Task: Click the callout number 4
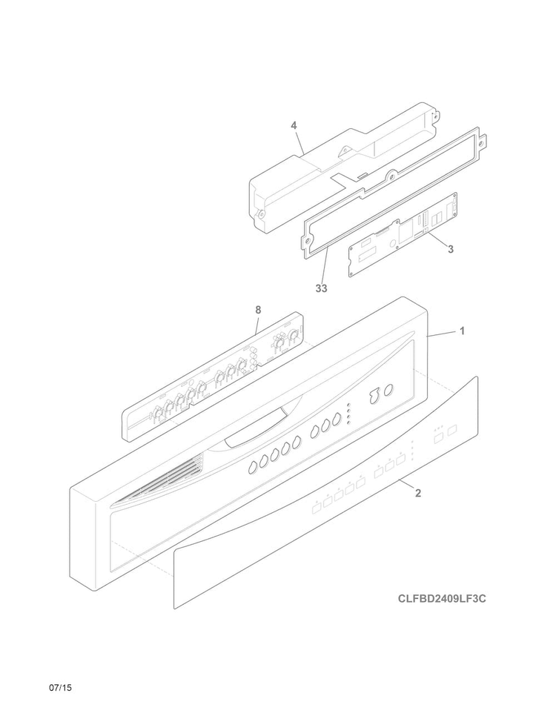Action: tap(294, 126)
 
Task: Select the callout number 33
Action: tap(321, 288)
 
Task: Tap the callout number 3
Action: tap(451, 250)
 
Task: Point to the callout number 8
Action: tap(258, 309)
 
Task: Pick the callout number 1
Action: tap(462, 331)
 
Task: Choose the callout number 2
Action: tap(418, 493)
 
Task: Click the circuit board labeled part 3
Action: tap(400, 237)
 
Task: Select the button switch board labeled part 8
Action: tap(215, 378)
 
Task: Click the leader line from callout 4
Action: tap(299, 142)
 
